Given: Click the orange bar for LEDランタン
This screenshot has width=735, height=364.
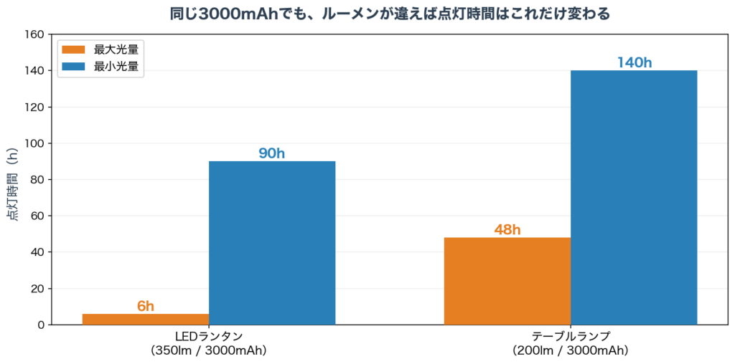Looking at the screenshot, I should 146,320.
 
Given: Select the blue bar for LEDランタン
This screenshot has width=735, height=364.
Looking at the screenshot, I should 272,243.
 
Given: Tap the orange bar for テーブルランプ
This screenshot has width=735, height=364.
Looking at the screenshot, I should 507,281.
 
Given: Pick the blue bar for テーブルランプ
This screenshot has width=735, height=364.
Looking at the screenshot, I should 634,198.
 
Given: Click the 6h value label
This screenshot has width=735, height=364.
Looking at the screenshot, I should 146,307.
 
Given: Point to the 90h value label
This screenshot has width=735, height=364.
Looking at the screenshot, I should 272,153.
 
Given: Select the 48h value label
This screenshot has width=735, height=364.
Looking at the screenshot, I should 507,230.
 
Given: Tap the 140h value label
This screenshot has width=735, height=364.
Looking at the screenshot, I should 634,63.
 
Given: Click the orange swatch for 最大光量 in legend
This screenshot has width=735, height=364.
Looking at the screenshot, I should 74,50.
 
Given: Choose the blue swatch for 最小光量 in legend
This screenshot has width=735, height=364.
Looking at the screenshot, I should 74,67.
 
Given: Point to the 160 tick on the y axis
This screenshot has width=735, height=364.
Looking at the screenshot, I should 34,34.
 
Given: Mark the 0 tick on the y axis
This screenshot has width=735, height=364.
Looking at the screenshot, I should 40,325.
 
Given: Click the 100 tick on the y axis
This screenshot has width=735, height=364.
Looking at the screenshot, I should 34,143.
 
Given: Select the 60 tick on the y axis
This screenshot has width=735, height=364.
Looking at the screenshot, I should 37,216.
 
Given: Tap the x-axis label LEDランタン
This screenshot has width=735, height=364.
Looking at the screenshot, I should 209,337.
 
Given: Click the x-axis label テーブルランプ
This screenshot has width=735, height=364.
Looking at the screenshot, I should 571,337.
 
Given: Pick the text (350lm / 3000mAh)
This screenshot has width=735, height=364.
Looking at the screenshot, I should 209,351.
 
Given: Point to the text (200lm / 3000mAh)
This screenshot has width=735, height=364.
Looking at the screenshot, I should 571,351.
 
